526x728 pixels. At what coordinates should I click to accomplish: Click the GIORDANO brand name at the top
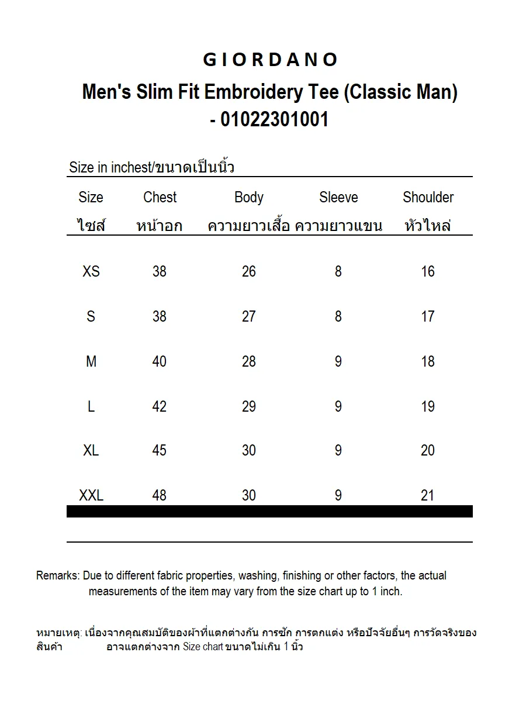click(270, 60)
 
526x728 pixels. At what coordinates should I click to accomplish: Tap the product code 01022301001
click(275, 119)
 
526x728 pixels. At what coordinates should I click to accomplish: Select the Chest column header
click(160, 198)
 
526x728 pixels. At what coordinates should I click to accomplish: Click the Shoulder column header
click(428, 198)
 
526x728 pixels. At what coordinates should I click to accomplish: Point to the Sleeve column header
click(338, 198)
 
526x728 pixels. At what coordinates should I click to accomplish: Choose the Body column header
click(249, 198)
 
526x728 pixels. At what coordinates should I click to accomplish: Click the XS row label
click(91, 271)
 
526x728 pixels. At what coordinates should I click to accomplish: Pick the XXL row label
click(91, 496)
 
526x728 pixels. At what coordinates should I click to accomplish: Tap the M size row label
click(91, 361)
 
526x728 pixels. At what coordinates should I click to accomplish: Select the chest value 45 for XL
click(160, 451)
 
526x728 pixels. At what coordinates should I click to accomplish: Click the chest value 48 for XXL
click(160, 496)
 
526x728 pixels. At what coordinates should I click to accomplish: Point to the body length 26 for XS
click(249, 271)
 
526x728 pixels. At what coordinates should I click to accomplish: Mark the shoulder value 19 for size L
click(428, 406)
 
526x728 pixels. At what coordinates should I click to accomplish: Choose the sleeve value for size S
click(338, 316)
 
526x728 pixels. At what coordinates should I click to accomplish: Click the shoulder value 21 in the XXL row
click(428, 496)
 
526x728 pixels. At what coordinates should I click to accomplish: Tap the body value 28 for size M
click(249, 361)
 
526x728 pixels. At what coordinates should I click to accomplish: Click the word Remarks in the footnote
click(57, 576)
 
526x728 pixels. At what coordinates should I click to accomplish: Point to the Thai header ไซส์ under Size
click(91, 226)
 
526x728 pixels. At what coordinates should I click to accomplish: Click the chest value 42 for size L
click(160, 406)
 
